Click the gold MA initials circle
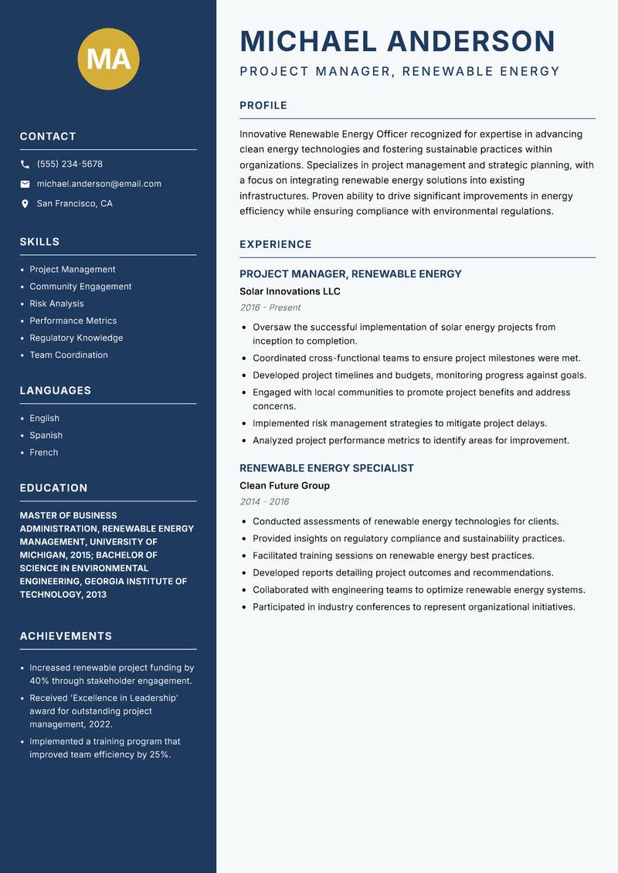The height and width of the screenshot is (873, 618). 109,59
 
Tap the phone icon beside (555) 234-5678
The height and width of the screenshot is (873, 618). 25,165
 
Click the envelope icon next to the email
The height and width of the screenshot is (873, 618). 25,184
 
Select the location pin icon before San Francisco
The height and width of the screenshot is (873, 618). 25,204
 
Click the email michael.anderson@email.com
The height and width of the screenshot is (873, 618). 99,184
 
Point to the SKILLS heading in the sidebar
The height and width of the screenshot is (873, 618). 39,242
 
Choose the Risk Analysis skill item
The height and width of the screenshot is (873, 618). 56,304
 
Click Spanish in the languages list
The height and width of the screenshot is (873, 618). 46,435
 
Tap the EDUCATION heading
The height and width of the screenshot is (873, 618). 53,488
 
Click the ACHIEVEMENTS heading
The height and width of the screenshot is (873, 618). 66,637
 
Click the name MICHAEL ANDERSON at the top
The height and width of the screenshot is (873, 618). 398,41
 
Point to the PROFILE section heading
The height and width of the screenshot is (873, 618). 263,106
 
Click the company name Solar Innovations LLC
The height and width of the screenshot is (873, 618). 290,291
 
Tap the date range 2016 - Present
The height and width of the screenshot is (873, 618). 270,307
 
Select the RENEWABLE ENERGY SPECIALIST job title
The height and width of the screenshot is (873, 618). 327,468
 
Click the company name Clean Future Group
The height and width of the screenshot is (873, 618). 284,485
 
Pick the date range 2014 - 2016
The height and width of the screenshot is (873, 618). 264,501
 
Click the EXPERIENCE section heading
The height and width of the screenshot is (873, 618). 276,244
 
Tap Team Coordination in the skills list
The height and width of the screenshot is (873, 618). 69,355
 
